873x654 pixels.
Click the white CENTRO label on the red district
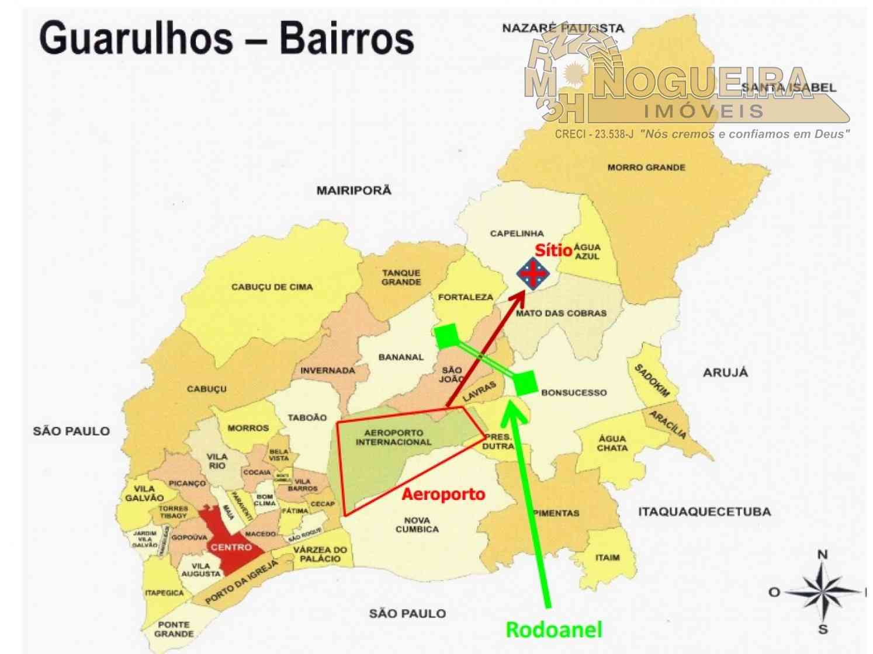coord(231,547)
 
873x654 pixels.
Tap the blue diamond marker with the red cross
coord(533,273)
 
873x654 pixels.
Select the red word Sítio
coord(553,250)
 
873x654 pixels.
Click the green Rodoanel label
coord(553,629)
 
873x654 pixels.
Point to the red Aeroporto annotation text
coord(444,494)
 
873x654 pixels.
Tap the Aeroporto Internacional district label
coord(393,437)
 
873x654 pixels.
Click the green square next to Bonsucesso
coord(525,383)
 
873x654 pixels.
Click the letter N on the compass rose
coord(822,555)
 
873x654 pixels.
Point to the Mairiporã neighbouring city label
coord(354,190)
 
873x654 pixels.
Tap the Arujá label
coord(725,373)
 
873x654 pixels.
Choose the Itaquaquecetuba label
coord(704,512)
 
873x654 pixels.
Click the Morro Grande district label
coord(646,168)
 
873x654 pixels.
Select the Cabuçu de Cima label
coord(272,287)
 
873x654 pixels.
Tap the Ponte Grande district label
coord(174,629)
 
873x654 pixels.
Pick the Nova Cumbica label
coord(417,524)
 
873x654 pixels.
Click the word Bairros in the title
coord(347,39)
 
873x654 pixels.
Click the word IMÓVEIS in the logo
coord(704,110)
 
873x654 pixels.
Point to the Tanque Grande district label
coord(401,277)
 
